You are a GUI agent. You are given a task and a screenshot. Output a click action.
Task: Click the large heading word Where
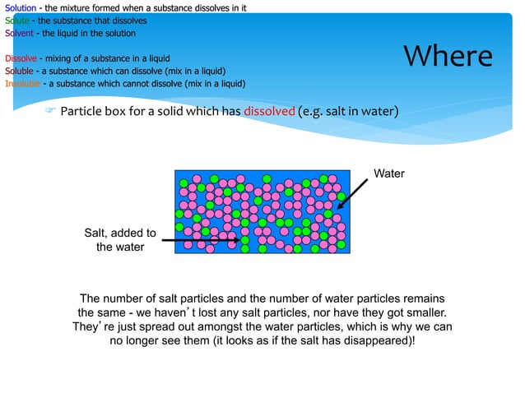448,56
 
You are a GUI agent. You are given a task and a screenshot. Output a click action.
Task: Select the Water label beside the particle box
389,173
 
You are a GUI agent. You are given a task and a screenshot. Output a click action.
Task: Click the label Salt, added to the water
120,240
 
